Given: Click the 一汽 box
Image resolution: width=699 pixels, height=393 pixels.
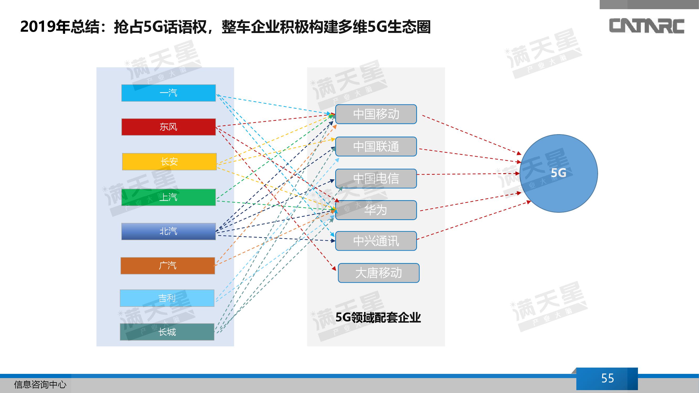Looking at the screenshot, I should pos(169,93).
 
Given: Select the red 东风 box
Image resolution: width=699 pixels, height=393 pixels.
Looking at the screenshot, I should pos(169,127).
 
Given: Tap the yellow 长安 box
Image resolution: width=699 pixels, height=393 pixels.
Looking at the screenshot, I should pos(169,162).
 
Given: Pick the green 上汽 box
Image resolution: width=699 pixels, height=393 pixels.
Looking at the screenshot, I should pos(169,197).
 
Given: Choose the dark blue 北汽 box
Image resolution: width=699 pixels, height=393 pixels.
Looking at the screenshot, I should pos(169,231).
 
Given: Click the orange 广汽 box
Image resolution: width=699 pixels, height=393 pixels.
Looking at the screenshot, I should pos(168,265).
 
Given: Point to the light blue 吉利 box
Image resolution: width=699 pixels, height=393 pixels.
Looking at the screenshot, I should pos(167,298).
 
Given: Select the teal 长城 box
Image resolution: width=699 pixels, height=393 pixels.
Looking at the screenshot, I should pos(167,332).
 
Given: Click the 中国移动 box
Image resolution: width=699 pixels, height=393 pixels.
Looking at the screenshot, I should pos(376,114).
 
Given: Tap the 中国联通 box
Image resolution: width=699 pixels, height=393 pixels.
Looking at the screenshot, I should pos(376,146).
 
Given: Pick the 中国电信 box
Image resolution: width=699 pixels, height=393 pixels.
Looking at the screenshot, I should pos(376,178).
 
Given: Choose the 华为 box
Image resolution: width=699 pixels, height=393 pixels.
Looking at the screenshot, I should pos(376,210).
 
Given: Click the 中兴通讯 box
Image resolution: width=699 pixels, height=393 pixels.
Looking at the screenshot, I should pos(376,241).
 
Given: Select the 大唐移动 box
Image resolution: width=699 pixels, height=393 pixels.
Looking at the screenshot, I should pos(378,273).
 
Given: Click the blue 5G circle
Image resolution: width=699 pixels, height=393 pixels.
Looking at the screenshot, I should pos(559,173).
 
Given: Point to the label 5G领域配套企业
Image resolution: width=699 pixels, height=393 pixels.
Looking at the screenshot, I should pos(378,318).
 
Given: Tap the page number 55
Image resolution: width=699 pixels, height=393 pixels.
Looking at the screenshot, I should pos(607,378).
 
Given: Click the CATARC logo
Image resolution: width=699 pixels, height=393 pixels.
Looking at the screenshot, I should pos(647,26).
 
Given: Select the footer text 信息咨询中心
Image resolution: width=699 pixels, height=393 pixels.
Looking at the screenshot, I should pos(40,385).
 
